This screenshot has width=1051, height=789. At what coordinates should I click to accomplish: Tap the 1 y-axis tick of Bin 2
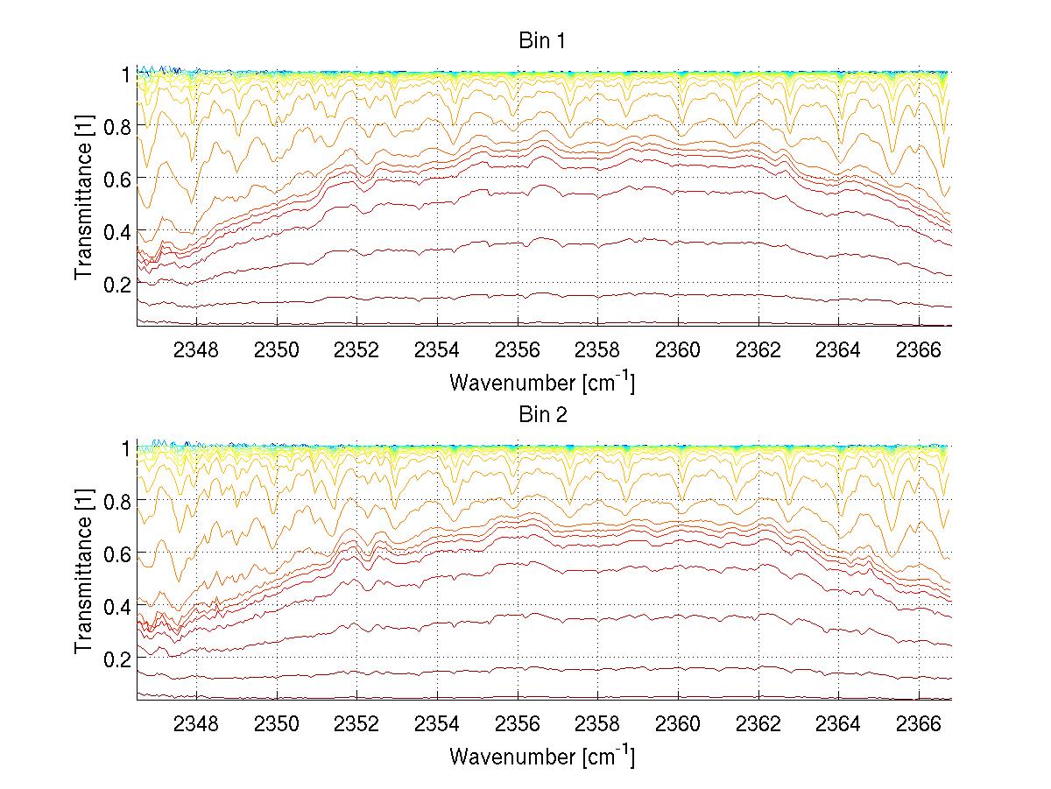coord(125,448)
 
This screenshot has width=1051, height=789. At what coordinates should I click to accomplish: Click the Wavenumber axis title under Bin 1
coord(542,382)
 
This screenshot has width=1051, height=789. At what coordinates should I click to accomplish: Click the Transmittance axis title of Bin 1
coord(83,201)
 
